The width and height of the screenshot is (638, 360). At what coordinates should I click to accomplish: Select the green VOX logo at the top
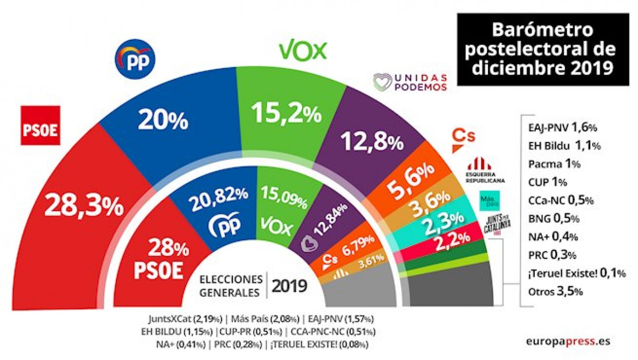302,51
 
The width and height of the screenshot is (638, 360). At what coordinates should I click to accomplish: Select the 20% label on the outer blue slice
163,121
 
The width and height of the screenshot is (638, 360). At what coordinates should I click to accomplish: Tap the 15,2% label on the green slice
287,113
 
